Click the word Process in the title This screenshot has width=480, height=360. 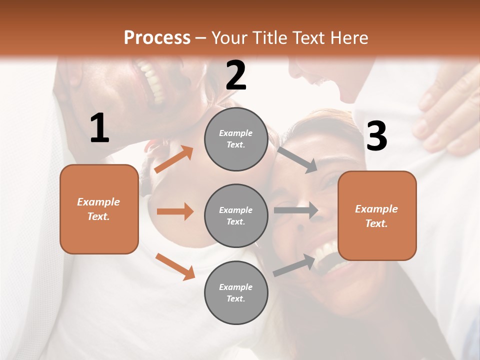coord(157,37)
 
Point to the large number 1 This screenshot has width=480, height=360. coord(99,129)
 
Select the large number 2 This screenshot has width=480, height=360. coord(236,76)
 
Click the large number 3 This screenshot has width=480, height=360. coord(376,136)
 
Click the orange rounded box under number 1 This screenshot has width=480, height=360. coord(99,209)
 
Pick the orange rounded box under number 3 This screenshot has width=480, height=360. coord(377,215)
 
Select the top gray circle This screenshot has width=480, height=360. coord(236,139)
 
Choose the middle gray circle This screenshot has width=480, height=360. coord(236,215)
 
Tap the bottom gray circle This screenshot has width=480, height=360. coord(236,292)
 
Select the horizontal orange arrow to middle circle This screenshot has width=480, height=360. coord(175,211)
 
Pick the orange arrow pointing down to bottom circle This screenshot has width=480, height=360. coord(175,266)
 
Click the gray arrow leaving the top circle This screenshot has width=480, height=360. coord(297,159)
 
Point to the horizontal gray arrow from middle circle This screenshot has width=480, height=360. coord(296,210)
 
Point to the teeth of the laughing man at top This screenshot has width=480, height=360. coord(152,80)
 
